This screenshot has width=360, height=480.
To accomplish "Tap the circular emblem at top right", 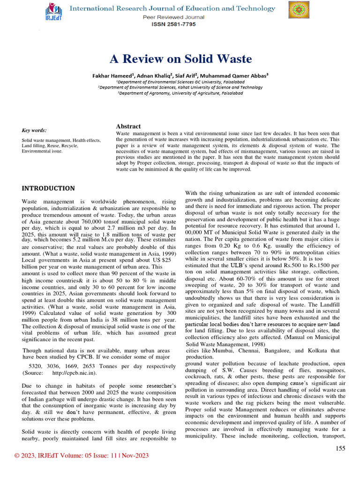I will (299, 11).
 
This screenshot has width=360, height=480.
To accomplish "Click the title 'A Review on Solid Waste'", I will (180, 59).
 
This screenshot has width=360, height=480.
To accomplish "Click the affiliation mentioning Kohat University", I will (180, 87).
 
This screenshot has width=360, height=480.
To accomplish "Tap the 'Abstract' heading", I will (128, 127).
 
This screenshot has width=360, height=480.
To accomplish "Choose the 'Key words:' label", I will (34, 130).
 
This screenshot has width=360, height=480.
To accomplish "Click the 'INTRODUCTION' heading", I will (48, 188).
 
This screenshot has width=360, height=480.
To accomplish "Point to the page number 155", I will (340, 449).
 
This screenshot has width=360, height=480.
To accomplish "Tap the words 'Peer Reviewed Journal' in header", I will (173, 17).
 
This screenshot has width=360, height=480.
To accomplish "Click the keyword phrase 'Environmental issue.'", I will (42, 152).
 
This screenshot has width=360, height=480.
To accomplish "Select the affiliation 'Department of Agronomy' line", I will (180, 93).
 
